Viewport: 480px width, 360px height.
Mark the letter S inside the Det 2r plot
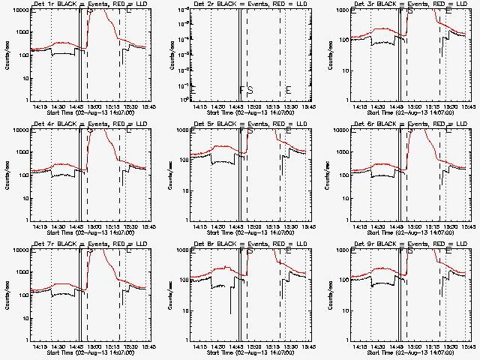click(250, 91)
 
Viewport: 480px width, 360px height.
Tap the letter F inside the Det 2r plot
click(241, 91)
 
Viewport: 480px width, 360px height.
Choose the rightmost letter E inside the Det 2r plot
click(288, 91)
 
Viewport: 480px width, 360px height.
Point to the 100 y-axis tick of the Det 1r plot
click(21, 55)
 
